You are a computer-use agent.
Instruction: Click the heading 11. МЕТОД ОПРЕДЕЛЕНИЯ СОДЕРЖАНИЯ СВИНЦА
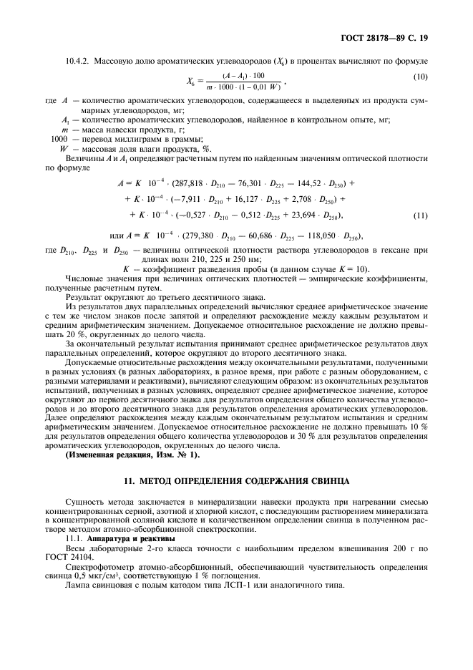(x=236, y=480)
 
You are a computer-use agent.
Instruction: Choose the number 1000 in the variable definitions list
(x=59, y=138)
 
